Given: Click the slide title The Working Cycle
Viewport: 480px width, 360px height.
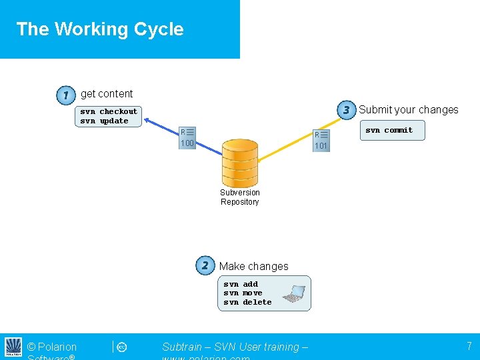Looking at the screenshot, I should pos(100,29).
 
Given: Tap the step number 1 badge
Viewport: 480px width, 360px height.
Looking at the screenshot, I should pos(65,96).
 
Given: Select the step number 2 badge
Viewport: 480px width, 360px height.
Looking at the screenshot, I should pos(205,265).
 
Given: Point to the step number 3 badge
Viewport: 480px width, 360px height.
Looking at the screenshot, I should pos(346,110).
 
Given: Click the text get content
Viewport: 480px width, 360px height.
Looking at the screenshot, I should pos(107,94).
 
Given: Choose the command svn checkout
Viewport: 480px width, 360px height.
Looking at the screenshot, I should pos(109,111).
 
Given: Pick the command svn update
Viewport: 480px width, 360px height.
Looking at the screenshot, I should pos(104,121).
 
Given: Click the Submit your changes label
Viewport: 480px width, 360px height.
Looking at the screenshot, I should pos(409,110).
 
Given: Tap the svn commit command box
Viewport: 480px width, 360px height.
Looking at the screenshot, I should pos(389,131).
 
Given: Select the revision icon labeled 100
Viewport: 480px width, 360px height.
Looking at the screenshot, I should pos(187,137).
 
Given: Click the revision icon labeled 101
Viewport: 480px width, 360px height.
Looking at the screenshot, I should pos(321,140).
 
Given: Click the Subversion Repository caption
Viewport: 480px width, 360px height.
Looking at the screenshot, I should pos(240,197).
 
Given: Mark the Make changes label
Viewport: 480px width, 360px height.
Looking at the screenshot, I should pos(253,266).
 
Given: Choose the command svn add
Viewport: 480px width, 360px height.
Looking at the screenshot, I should pos(241,284).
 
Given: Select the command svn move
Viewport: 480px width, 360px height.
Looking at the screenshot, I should pos(243,293).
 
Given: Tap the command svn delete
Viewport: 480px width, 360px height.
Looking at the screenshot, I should pos(247,302).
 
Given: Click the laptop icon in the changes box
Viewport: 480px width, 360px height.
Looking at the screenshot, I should pos(293,293).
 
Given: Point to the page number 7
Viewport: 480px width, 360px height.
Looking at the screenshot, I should pos(469,346).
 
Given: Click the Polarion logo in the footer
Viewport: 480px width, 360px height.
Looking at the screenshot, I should pos(13,347).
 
